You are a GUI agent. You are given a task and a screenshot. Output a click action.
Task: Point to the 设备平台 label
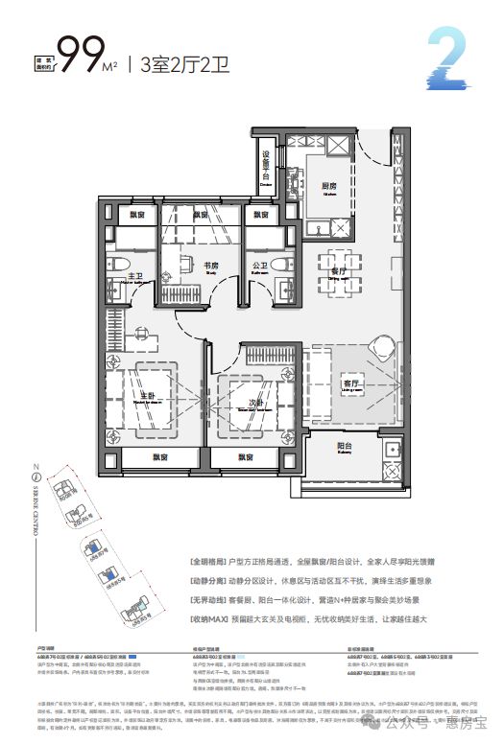(x=267, y=163)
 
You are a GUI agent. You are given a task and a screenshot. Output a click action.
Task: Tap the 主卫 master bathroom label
(x=135, y=276)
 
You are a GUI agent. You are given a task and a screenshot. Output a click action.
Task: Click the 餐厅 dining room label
(x=337, y=271)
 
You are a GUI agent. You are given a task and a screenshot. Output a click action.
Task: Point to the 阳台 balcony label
(x=347, y=445)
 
